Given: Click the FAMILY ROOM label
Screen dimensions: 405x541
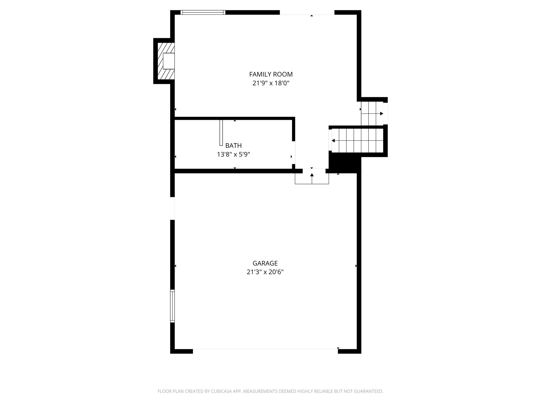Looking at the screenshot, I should tap(271, 74).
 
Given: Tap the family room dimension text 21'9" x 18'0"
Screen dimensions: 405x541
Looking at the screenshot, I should tap(271, 83).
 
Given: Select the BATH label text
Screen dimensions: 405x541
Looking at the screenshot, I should tap(233, 146).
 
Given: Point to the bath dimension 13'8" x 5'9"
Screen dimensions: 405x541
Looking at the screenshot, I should tap(233, 155).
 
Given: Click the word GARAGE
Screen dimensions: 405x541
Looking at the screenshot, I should tap(265, 263).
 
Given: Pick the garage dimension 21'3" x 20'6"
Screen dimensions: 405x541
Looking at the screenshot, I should tap(265, 272).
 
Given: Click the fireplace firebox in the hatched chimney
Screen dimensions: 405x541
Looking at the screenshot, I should tap(169, 61).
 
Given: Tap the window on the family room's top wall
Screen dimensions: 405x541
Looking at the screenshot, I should tap(203, 12).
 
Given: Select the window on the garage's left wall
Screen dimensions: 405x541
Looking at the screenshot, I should tap(172, 306).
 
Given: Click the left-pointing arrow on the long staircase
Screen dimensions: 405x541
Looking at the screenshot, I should tap(333, 141).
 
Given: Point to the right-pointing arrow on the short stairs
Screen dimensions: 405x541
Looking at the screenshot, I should tap(381, 114).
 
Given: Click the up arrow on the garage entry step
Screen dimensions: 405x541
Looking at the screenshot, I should tap(312, 175).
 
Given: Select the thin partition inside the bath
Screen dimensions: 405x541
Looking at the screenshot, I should tap(221, 133).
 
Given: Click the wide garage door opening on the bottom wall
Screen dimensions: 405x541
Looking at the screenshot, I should tap(265, 351).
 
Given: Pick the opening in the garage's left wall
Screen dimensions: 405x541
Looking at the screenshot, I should tap(172, 208).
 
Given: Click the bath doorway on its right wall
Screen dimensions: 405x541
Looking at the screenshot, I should tap(293, 152).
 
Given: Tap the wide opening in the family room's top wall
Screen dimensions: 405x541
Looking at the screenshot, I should tap(307, 12).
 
